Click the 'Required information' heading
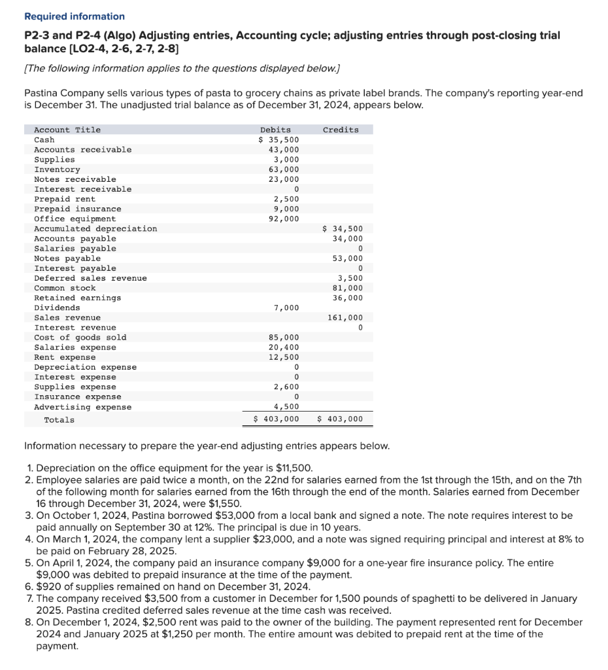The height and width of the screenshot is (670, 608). tap(74, 16)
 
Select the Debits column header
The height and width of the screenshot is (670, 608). tap(275, 130)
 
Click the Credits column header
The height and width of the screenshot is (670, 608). tap(341, 130)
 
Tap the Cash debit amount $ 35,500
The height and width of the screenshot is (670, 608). tap(279, 140)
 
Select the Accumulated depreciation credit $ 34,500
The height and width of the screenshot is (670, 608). tap(343, 228)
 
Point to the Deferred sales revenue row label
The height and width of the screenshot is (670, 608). tap(90, 278)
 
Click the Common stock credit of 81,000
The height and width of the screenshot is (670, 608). tap(347, 288)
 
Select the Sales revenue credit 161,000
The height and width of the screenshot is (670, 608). tap(345, 317)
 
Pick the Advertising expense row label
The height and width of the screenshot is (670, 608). tap(82, 407)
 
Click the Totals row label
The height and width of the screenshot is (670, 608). tap(59, 419)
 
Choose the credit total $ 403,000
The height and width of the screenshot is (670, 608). tap(339, 419)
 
